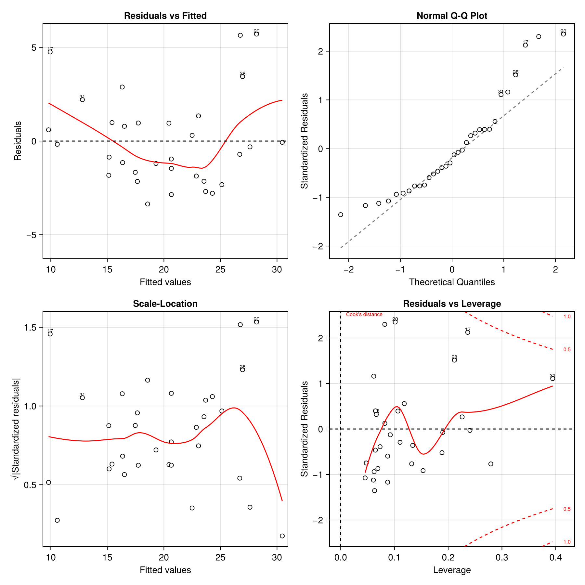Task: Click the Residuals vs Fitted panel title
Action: coord(165,16)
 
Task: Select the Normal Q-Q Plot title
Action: coord(452,16)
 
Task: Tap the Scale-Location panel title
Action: coord(165,304)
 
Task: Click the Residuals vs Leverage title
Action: coord(452,304)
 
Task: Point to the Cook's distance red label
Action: coord(364,314)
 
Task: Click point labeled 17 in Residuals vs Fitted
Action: coord(50,52)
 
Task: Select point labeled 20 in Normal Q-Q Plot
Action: coord(563,34)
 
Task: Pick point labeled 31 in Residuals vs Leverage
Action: coord(552,379)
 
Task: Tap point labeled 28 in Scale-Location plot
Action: coord(242,370)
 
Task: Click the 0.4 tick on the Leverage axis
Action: coord(555,558)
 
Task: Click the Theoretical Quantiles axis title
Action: coord(452,282)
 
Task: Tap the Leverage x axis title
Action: coord(452,570)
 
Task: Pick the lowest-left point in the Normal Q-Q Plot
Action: coord(341,214)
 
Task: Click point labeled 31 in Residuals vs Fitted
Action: coord(82,99)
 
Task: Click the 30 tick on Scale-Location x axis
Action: coord(277,558)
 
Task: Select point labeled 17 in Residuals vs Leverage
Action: coord(468,332)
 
